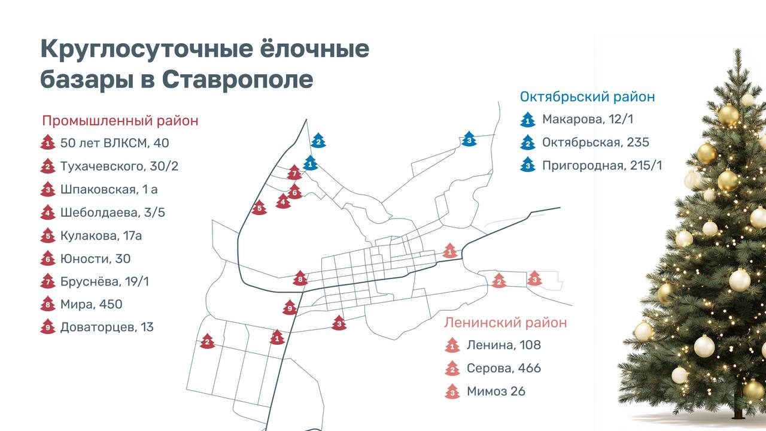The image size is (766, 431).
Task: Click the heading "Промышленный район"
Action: tap(120, 121)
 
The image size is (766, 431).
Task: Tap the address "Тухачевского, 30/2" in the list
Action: tap(119, 166)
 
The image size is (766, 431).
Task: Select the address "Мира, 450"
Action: tap(91, 304)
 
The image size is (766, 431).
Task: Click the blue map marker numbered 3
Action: tap(469, 139)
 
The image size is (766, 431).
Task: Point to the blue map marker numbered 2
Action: tap(318, 141)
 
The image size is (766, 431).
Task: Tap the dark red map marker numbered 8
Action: tap(300, 278)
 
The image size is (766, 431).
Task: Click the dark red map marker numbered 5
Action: tap(259, 208)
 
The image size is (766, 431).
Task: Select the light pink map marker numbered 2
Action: tap(498, 280)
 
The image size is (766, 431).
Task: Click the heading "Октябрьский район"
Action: tap(587, 97)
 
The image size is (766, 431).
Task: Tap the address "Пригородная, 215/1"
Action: tap(602, 166)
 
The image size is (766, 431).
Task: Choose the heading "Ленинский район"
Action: tap(505, 323)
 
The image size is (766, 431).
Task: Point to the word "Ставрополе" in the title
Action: tap(237, 80)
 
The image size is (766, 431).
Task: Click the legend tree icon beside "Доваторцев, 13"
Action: tap(48, 327)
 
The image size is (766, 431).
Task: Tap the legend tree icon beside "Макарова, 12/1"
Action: tap(527, 120)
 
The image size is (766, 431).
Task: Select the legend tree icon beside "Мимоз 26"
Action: tap(452, 391)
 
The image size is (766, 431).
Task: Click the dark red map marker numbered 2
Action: tap(207, 341)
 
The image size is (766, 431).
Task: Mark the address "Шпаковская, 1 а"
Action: tap(109, 190)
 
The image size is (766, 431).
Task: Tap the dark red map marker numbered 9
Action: tap(290, 308)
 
